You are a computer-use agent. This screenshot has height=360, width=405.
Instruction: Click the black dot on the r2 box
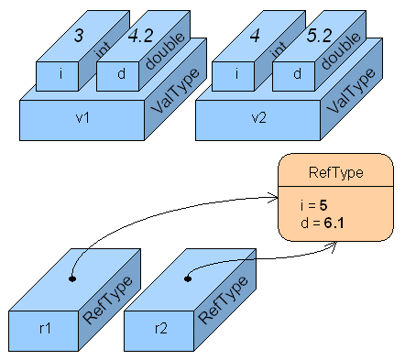[x=188, y=276]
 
